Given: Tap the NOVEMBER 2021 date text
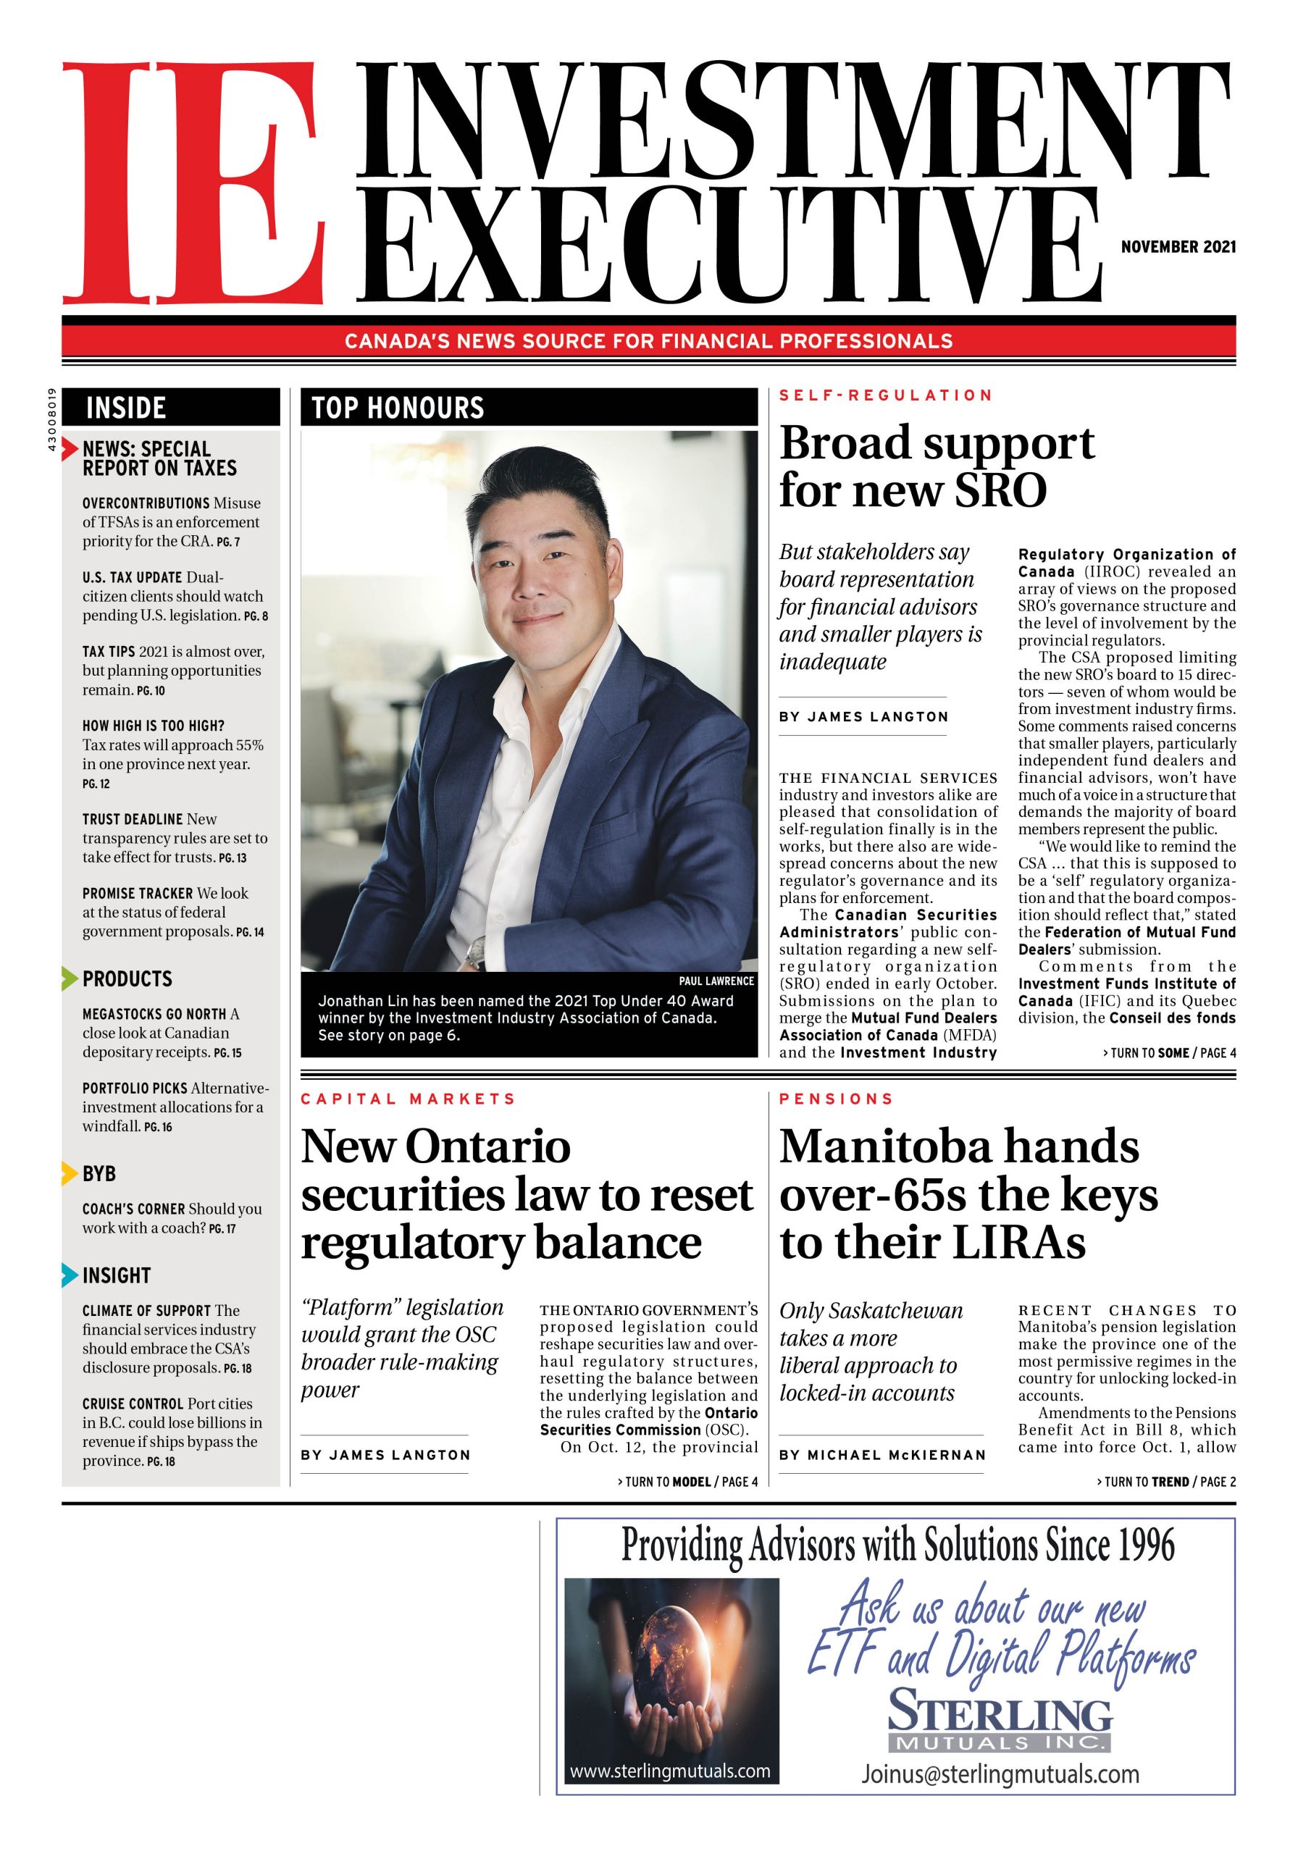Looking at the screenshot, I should click(x=1178, y=247).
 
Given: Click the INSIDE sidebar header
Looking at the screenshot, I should click(x=126, y=408).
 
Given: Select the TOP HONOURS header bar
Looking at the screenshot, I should click(x=528, y=408).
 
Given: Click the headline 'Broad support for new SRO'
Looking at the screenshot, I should click(x=937, y=466).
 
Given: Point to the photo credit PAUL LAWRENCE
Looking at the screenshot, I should click(x=716, y=981).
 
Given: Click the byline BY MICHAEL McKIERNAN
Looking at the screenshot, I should click(x=882, y=1455).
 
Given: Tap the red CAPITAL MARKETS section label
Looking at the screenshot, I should click(x=408, y=1099).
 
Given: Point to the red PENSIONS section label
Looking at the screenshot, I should click(x=836, y=1099).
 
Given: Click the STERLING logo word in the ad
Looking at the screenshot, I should click(x=1000, y=1713).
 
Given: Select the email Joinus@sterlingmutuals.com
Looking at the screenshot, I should click(x=1000, y=1774).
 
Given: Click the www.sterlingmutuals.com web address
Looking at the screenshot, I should click(x=669, y=1771).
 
